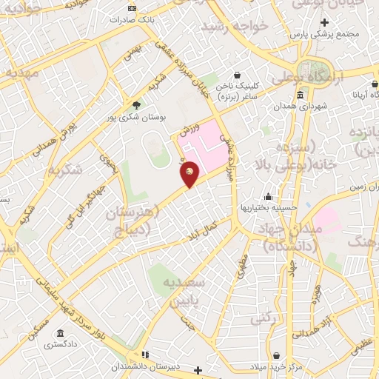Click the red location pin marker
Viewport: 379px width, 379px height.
point(190,173)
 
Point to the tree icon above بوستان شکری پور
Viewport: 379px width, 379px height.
point(135,104)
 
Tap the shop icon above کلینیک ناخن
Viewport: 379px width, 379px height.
point(236,75)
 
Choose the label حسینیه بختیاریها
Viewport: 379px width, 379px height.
point(268,208)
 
